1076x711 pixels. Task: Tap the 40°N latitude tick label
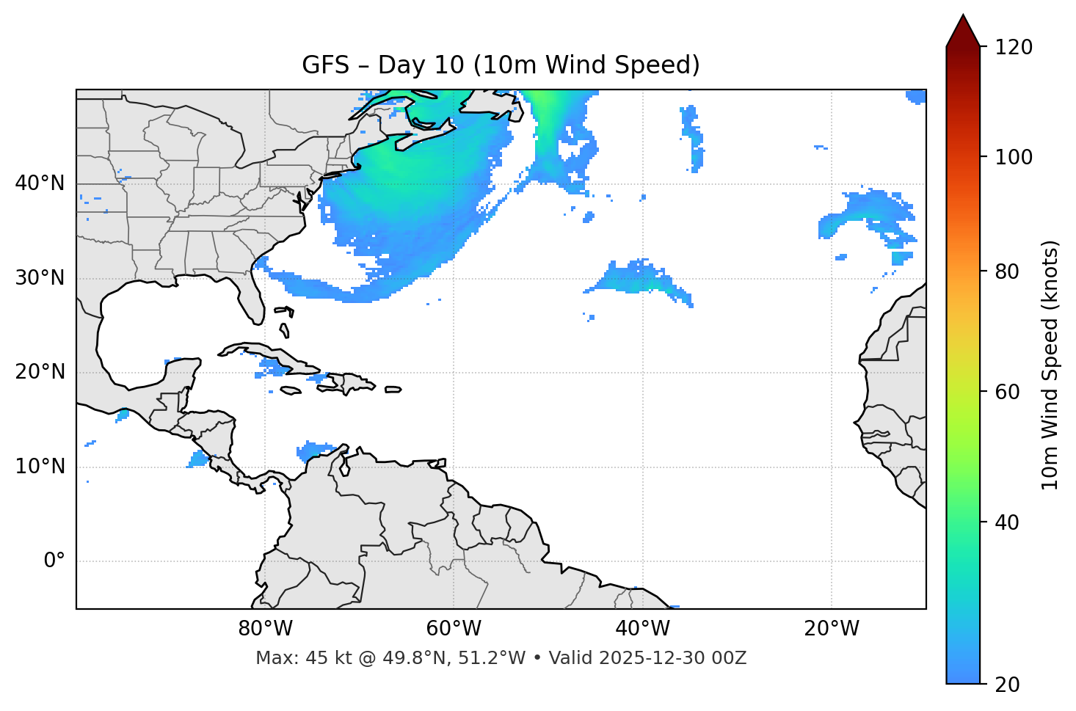(40, 183)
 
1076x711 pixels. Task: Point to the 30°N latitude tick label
(40, 278)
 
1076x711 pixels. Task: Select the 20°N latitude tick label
(40, 372)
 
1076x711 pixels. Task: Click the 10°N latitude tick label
(40, 467)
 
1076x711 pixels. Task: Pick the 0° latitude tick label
(54, 561)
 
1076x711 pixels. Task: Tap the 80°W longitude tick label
(265, 629)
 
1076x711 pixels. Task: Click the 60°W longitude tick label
(454, 629)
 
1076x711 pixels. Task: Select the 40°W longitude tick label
(642, 629)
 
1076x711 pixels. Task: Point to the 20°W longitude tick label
(832, 629)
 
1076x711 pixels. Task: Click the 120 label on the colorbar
(1014, 47)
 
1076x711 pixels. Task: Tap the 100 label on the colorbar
(1014, 157)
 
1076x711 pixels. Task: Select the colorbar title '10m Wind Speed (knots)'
(1050, 365)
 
